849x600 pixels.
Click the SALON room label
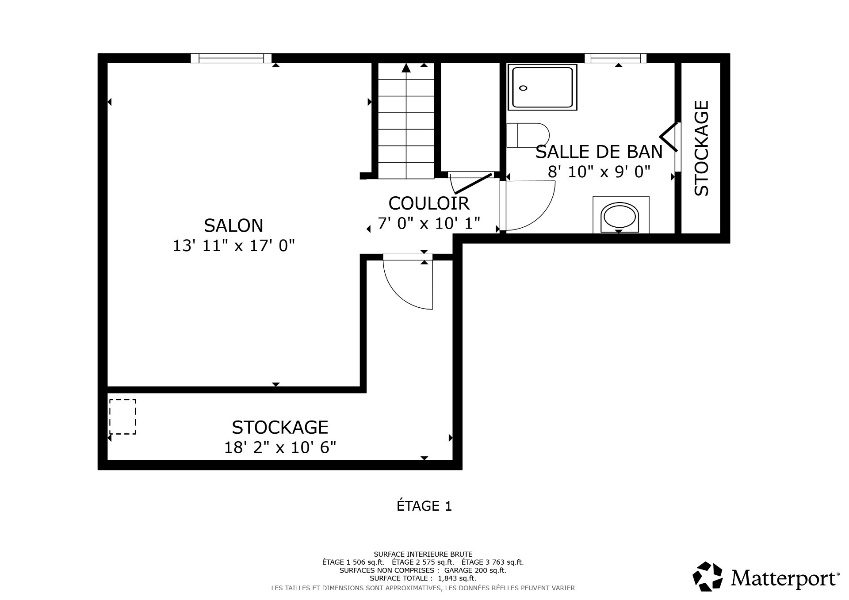[x=233, y=225]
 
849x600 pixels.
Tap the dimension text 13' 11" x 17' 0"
[x=233, y=245]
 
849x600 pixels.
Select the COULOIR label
[x=428, y=203]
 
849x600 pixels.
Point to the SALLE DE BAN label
[x=599, y=152]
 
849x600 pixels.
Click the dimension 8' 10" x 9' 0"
[x=599, y=172]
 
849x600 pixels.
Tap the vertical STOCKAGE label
[x=702, y=148]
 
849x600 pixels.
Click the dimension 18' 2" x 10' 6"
[x=280, y=447]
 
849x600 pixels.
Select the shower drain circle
[x=523, y=88]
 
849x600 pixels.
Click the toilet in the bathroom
[x=528, y=135]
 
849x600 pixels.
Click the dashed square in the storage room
[x=122, y=417]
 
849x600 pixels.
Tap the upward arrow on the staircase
[x=406, y=68]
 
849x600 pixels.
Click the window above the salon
[x=231, y=58]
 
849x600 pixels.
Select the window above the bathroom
[x=615, y=58]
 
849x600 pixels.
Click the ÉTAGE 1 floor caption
[x=424, y=506]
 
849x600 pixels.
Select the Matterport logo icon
[x=707, y=577]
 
